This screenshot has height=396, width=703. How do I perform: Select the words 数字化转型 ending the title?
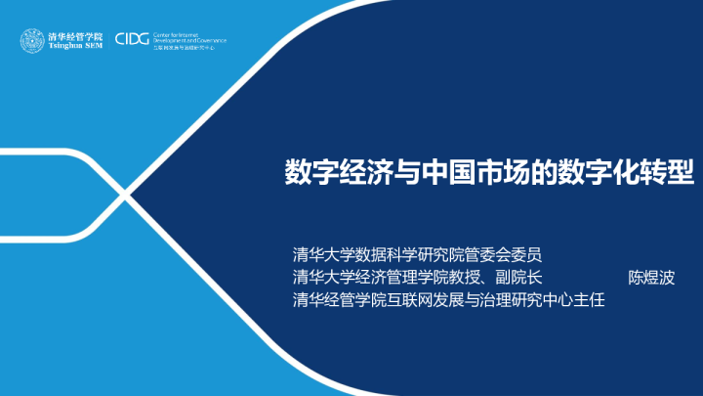[625, 173]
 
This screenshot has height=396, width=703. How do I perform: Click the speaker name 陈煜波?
[653, 276]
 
